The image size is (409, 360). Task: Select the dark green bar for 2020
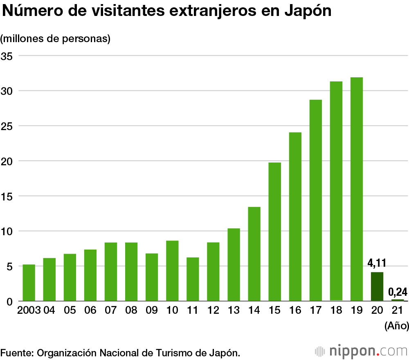(377, 286)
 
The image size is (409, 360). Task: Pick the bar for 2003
(29, 283)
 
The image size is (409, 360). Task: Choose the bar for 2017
(315, 200)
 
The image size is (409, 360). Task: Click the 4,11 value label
(377, 262)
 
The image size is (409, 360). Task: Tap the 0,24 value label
(398, 292)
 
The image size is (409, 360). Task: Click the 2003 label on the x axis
(29, 310)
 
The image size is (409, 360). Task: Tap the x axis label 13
(234, 310)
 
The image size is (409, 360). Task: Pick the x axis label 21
(397, 310)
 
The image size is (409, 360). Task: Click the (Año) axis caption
(396, 326)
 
